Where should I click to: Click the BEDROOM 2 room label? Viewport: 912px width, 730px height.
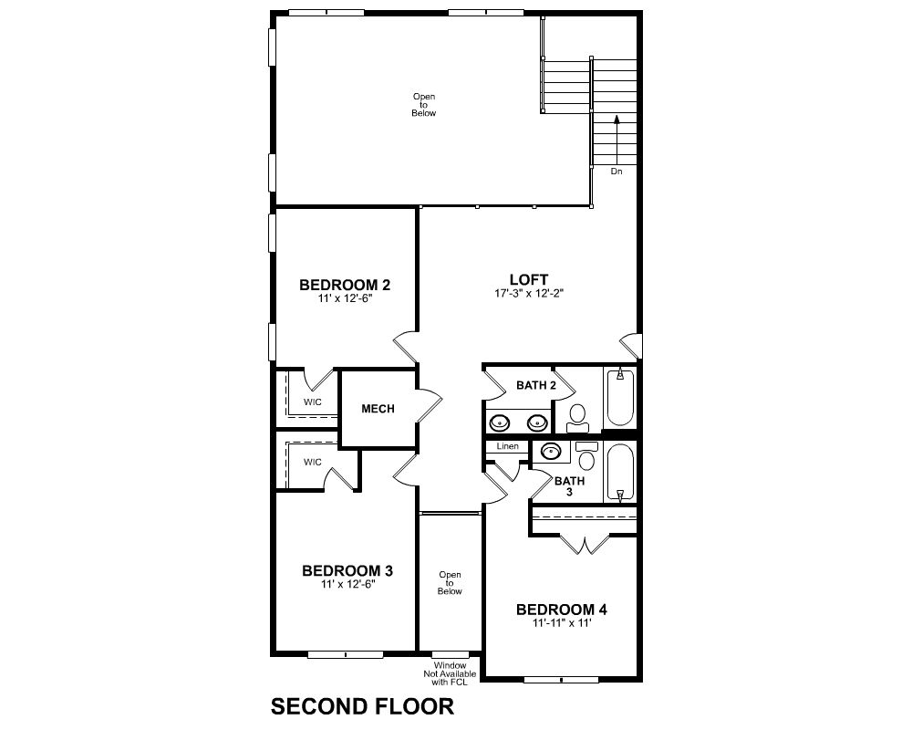click(x=345, y=285)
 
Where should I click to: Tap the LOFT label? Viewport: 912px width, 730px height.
click(x=529, y=279)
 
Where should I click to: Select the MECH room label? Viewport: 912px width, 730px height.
click(x=378, y=409)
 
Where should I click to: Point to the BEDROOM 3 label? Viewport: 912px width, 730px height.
click(x=347, y=570)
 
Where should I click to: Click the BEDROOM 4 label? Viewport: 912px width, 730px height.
click(x=561, y=610)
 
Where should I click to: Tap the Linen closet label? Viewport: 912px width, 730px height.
click(x=508, y=446)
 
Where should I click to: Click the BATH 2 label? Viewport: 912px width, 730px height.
click(x=536, y=385)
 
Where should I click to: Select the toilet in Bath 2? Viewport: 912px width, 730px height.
click(x=577, y=419)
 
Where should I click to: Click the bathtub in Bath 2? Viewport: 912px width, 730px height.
click(x=620, y=398)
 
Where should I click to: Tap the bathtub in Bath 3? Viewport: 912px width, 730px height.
click(x=620, y=473)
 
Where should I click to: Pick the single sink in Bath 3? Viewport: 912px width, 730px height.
click(x=550, y=451)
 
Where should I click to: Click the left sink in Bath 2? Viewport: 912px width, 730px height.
click(x=500, y=422)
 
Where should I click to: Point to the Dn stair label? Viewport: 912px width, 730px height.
click(x=617, y=172)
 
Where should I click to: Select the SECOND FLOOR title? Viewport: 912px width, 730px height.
click(x=362, y=706)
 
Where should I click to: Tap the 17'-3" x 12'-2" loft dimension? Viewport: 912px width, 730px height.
click(x=529, y=294)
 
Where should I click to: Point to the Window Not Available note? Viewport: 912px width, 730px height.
click(x=450, y=673)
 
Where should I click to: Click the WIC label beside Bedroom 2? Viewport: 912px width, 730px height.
click(x=312, y=402)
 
